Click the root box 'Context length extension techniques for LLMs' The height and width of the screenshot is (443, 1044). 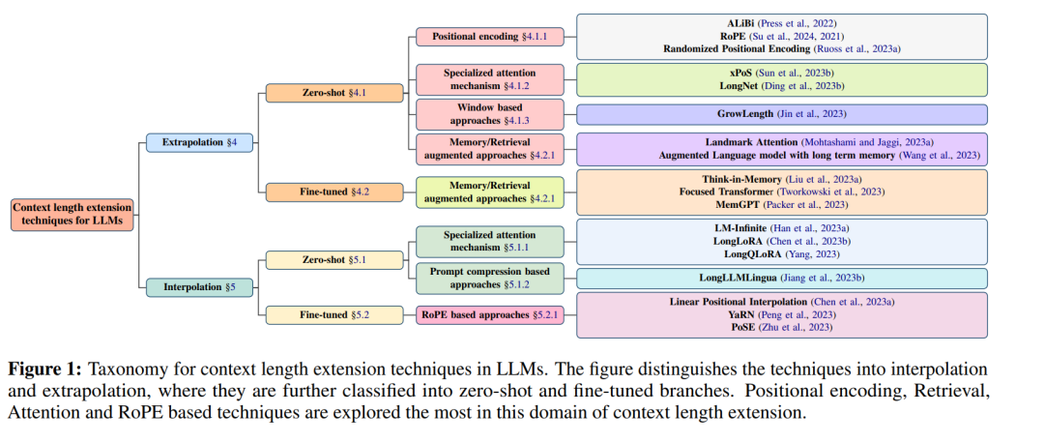[72, 215]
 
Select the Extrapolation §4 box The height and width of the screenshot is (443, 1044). [200, 143]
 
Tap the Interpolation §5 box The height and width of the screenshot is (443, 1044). [200, 287]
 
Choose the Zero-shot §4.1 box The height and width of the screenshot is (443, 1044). [334, 93]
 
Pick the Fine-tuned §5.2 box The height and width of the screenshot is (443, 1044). [334, 315]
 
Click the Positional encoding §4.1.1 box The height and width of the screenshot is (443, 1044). [490, 36]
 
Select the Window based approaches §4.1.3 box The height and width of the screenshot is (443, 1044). [490, 114]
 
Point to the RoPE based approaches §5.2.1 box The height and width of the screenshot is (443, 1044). [490, 315]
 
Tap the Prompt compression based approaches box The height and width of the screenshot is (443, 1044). [490, 279]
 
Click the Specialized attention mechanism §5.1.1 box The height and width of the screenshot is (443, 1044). [490, 241]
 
